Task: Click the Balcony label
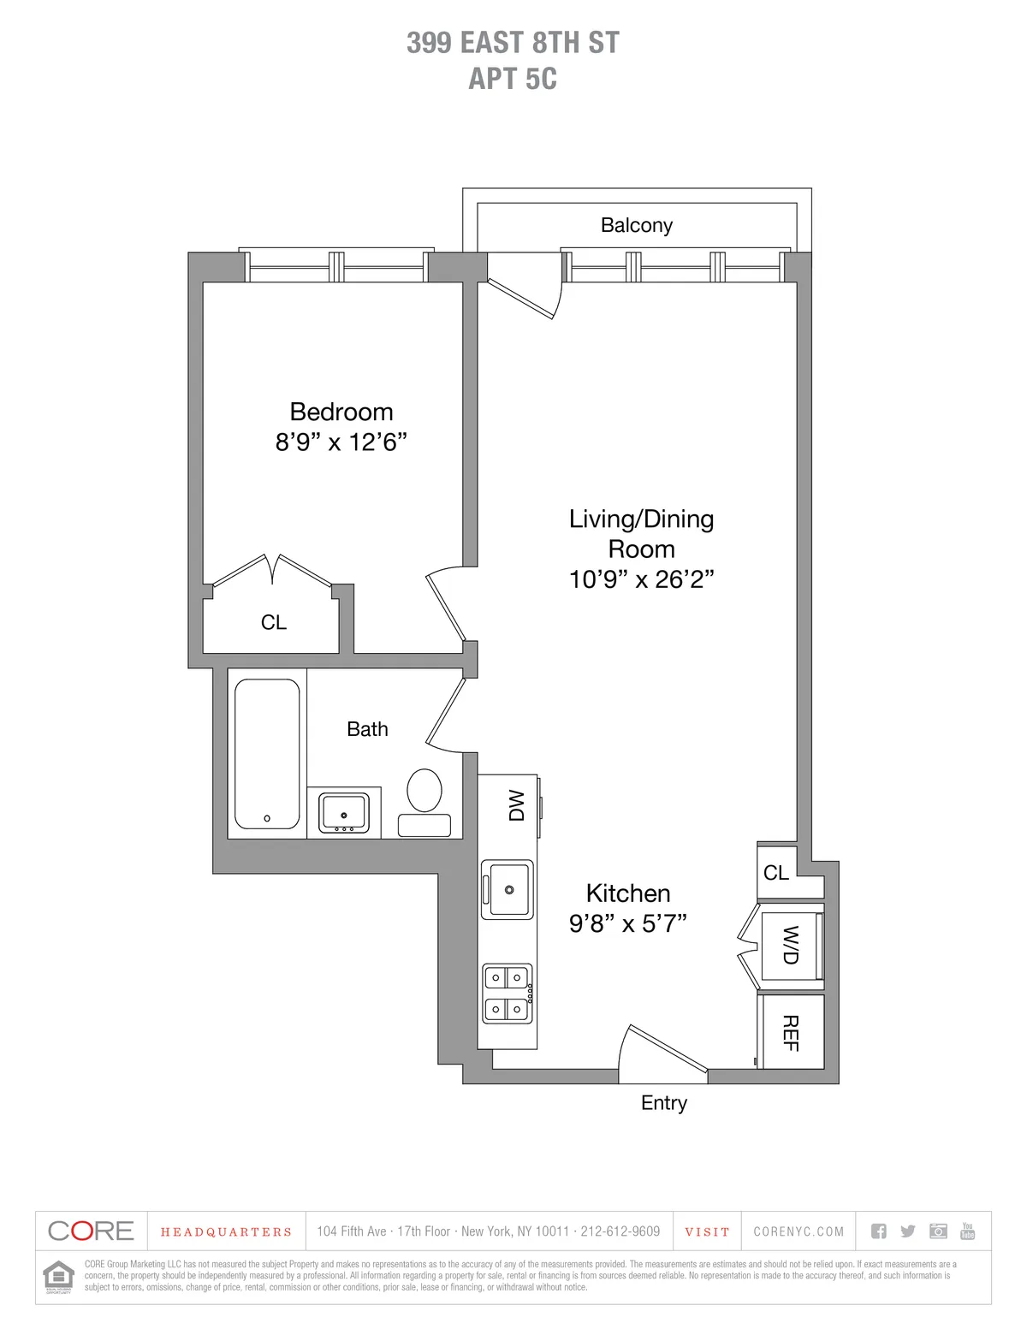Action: tap(636, 225)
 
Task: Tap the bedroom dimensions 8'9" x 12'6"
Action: tap(341, 442)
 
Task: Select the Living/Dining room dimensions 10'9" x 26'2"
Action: tap(641, 579)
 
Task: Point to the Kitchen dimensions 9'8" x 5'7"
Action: tap(627, 923)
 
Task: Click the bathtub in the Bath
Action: tap(267, 754)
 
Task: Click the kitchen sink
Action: tap(508, 889)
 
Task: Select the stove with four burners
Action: tap(508, 994)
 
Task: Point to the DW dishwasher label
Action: tap(516, 805)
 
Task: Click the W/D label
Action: tap(791, 945)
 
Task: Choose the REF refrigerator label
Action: tap(791, 1033)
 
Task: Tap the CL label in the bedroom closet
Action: tap(274, 623)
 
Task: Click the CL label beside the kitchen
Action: tap(776, 873)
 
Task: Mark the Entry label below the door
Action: tap(663, 1103)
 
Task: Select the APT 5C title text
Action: tap(513, 79)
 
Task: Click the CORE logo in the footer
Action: tap(92, 1231)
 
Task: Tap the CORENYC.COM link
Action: tap(798, 1232)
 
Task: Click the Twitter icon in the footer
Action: tap(908, 1231)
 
